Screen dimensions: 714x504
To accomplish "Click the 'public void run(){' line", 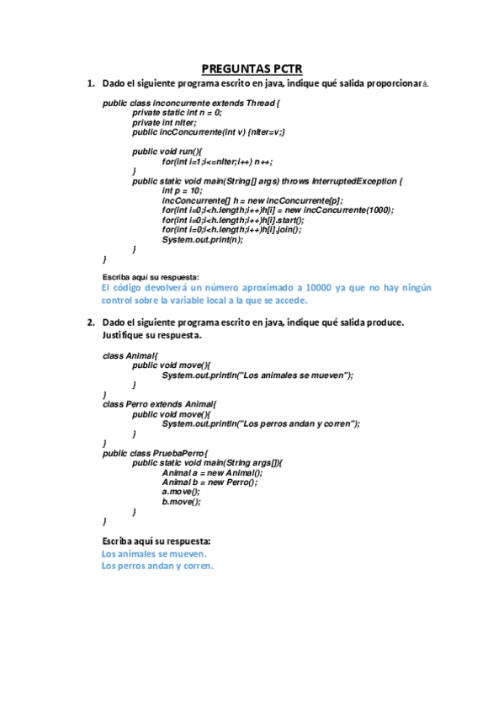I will tap(168, 151).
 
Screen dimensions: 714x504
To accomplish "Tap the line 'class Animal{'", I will tap(130, 355).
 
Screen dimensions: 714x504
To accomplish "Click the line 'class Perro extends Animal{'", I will tap(159, 404).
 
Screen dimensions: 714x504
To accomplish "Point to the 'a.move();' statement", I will tap(181, 492).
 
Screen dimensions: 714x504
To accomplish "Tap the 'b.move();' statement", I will tap(181, 502).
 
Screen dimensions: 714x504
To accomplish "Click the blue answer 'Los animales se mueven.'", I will tap(154, 554).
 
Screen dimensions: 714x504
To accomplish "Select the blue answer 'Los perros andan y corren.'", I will tap(157, 566).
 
